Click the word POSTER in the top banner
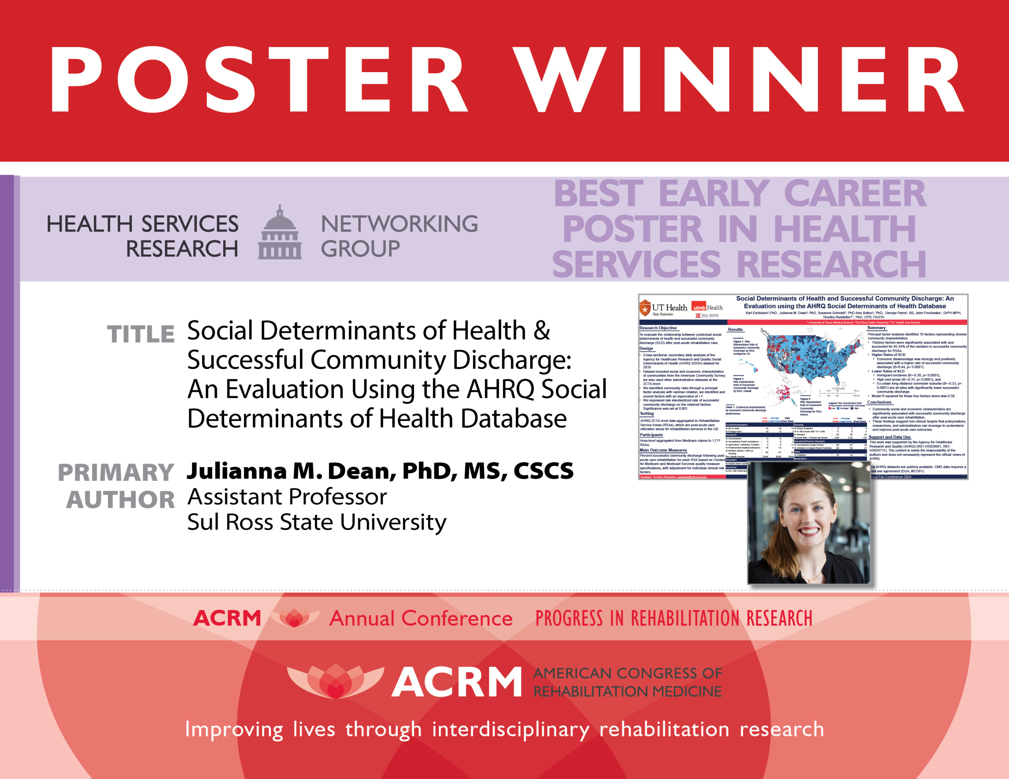[x=259, y=80]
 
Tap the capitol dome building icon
[x=279, y=233]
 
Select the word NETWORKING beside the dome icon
[x=399, y=224]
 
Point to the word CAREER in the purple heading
[x=854, y=193]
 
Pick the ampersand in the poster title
[x=542, y=331]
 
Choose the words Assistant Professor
[x=287, y=497]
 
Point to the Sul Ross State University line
[x=316, y=522]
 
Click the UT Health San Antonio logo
[x=663, y=308]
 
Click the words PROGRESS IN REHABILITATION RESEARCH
[x=674, y=618]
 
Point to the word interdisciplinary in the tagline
[x=510, y=730]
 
